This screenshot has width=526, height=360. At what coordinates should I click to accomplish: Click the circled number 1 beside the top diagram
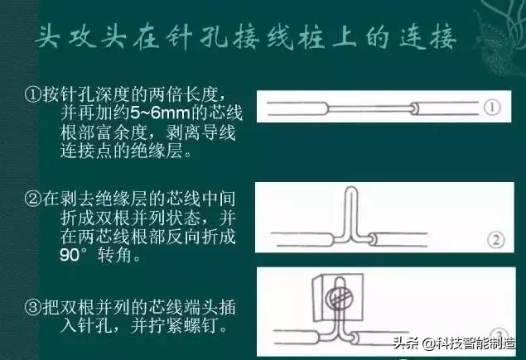(x=493, y=107)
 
